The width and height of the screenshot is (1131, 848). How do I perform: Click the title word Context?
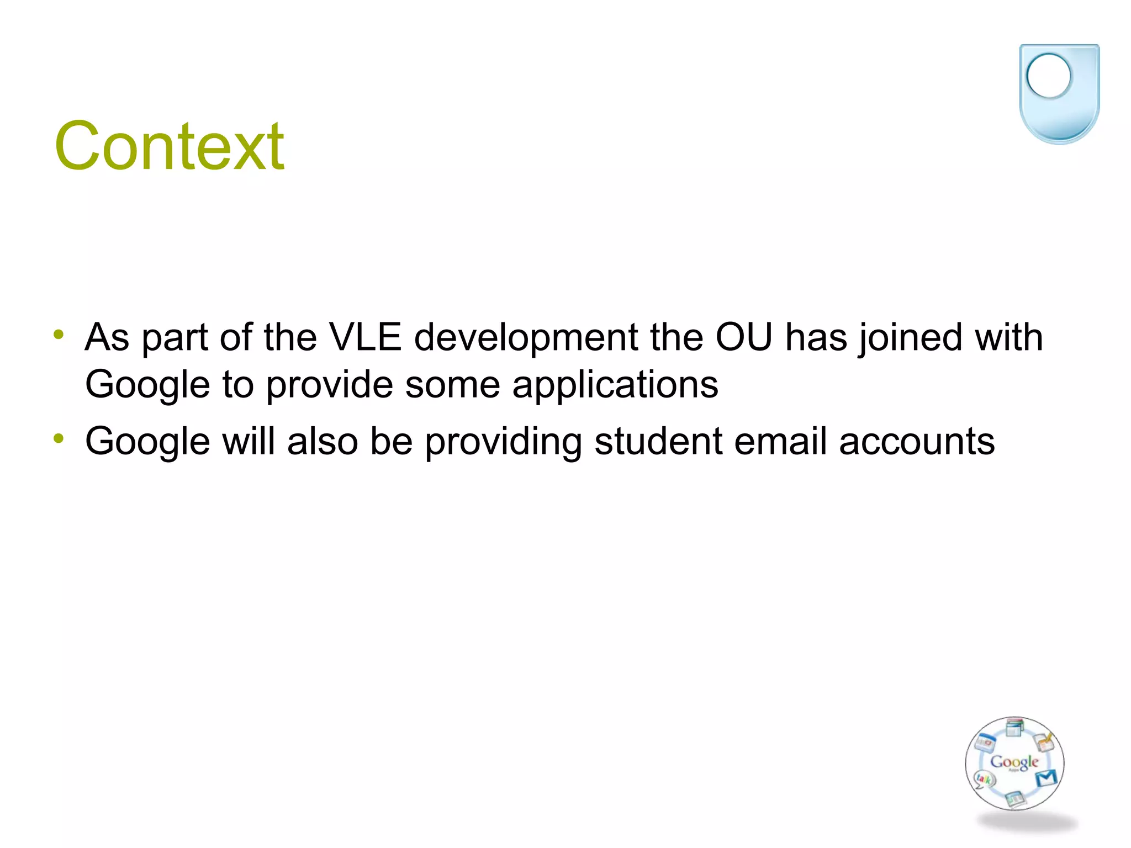[169, 146]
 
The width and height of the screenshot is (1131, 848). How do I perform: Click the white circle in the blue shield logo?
[1048, 76]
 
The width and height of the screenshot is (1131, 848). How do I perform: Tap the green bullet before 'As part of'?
[59, 335]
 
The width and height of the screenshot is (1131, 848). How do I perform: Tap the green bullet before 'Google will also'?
[59, 439]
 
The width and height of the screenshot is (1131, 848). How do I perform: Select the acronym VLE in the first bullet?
[365, 337]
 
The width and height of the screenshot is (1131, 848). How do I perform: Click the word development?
[526, 337]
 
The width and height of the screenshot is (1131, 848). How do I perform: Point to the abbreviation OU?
[743, 337]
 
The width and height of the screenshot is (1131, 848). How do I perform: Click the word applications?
[615, 385]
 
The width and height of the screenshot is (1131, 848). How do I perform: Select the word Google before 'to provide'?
[147, 385]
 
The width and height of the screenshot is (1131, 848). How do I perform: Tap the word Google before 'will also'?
[147, 442]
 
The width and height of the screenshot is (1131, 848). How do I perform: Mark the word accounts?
[917, 441]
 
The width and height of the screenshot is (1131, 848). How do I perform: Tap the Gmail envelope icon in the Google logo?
[1046, 778]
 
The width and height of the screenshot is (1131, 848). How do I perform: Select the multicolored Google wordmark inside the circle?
[1014, 762]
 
